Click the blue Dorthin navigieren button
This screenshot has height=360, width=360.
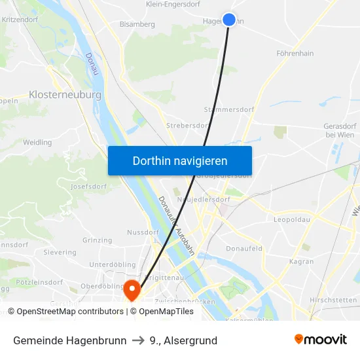coord(180,160)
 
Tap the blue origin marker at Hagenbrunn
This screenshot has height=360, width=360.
coord(229,20)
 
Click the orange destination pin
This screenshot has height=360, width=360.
coord(132,289)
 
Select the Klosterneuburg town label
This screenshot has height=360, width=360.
coord(65,95)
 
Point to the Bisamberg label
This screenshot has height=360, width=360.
coord(137,24)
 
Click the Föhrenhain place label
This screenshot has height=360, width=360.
coord(295,53)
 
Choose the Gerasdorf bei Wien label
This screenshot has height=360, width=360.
coord(339,130)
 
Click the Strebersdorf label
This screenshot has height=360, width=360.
coord(187,124)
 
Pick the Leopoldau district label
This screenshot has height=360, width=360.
coord(291,219)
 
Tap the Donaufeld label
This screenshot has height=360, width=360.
coord(243,249)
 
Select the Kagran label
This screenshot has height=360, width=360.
coord(302,261)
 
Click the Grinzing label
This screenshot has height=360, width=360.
coord(98,240)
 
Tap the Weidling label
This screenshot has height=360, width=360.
coord(37,142)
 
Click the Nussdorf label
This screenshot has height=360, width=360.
coord(143,232)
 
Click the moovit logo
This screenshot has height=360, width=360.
coord(320,339)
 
